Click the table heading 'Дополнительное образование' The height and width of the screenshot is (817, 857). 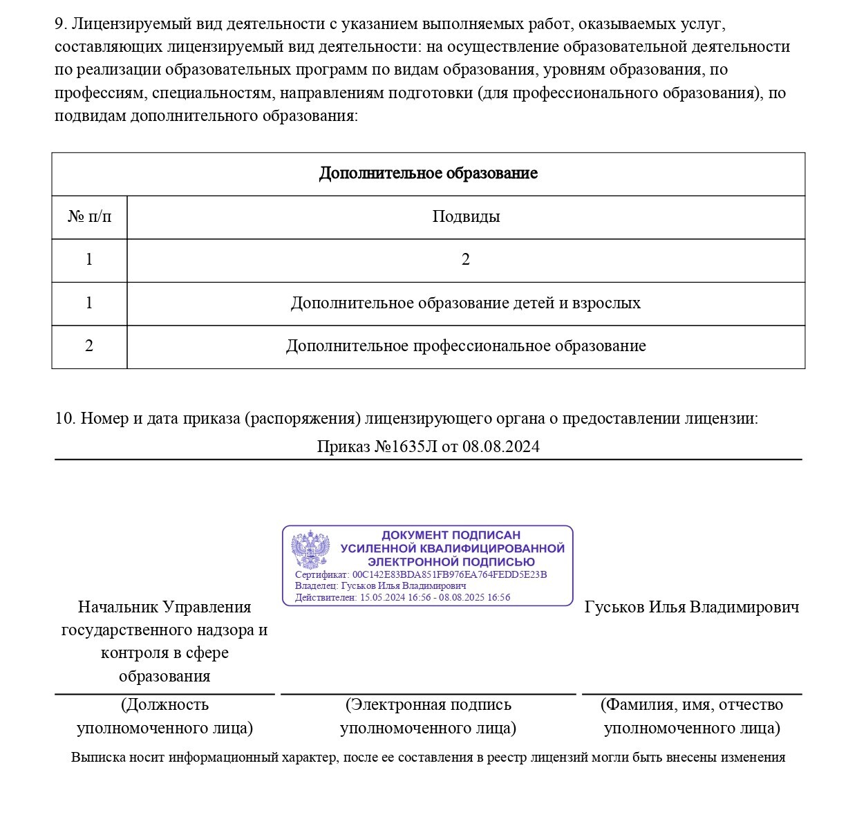pos(428,173)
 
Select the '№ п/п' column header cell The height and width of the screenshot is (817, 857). pos(89,217)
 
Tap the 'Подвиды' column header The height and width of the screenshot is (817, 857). pos(466,217)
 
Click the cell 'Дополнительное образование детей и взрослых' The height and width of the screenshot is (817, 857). pos(465,303)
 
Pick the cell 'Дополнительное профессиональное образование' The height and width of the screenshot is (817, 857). pos(465,346)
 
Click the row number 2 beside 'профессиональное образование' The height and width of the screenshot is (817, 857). pos(89,346)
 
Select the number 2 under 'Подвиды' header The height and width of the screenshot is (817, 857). pos(465,260)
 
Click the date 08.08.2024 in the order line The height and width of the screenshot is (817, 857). pos(500,447)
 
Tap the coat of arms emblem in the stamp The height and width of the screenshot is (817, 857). pos(310,550)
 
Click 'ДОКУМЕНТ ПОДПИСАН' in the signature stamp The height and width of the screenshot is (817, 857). pos(451,535)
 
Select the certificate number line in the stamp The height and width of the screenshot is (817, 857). pos(421,574)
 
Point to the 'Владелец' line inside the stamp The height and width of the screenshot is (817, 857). pos(380,585)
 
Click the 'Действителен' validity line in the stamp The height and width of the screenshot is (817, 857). pos(402,597)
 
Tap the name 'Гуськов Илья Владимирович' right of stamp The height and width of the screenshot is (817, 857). pos(692,607)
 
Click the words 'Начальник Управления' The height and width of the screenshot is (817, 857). pos(164,607)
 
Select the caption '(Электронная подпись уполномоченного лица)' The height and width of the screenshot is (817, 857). pos(428,716)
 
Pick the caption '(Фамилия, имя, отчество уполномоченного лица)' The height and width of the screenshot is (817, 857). pos(692,716)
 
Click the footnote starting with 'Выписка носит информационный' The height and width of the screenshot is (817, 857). pos(428,758)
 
